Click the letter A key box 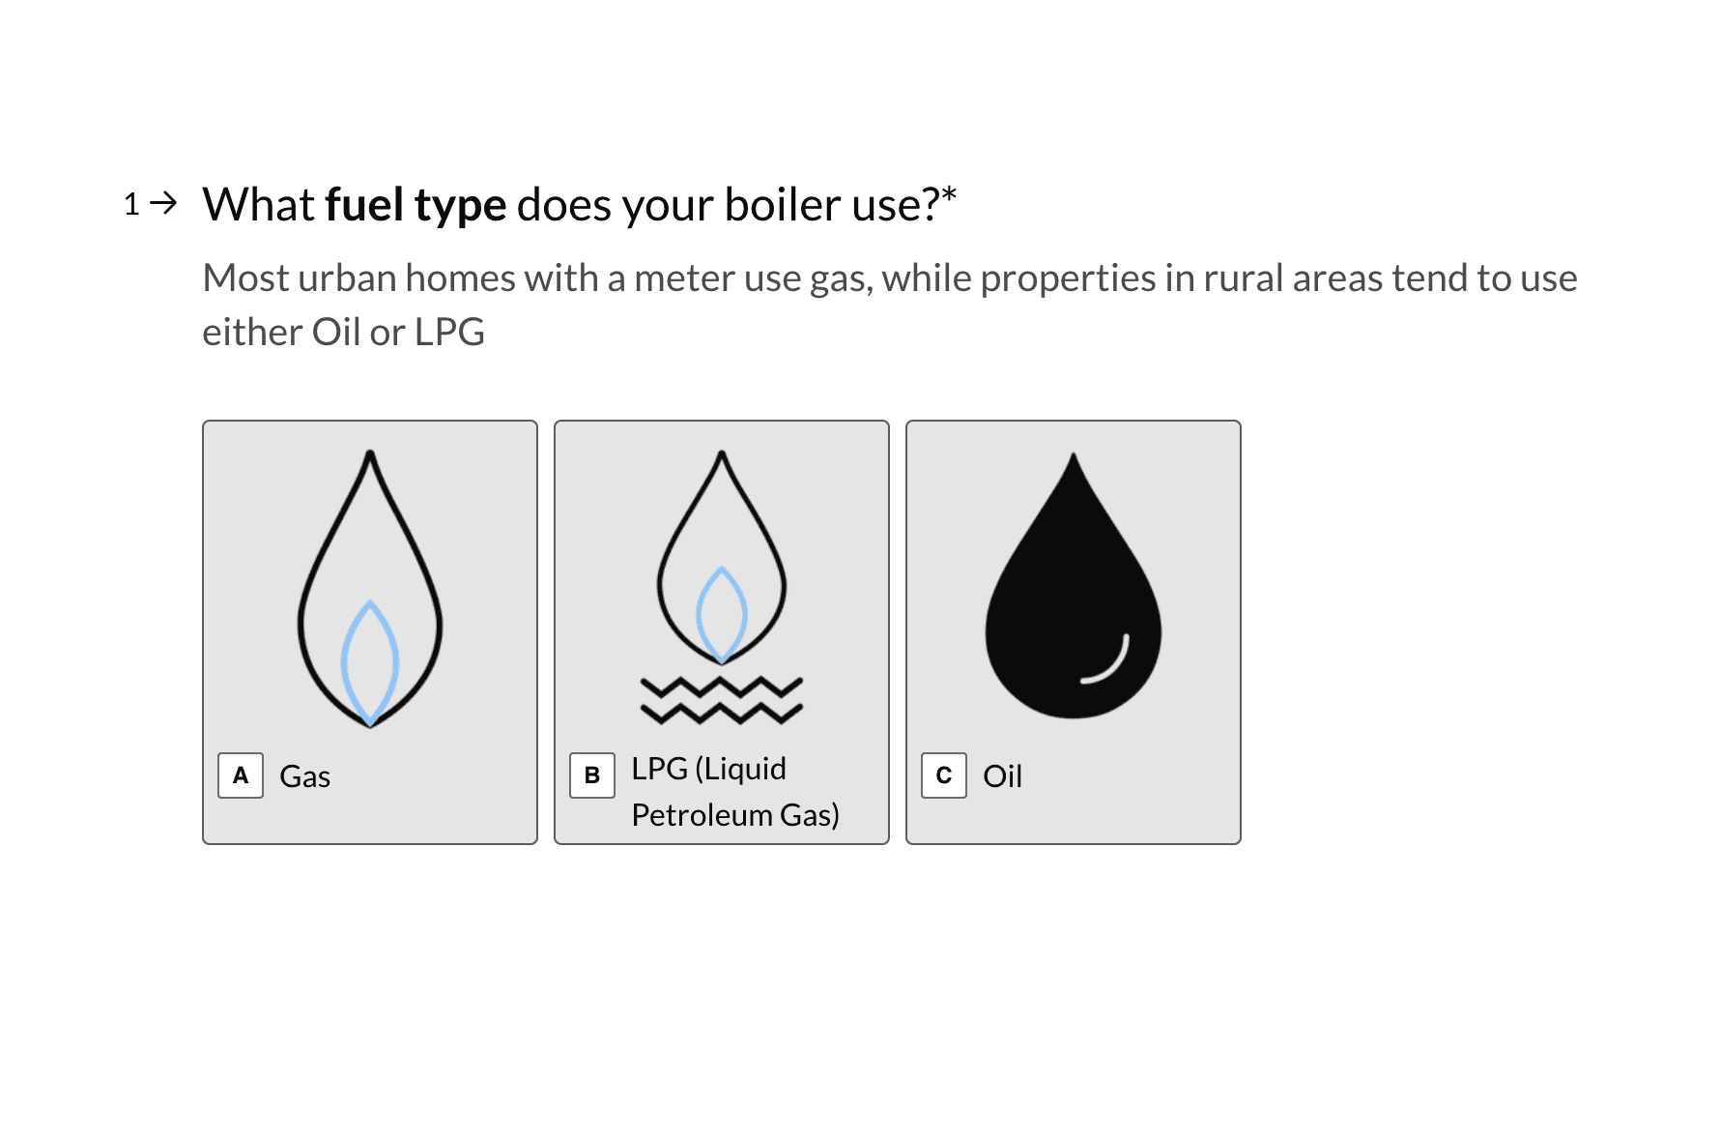tap(241, 775)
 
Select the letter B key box tap(592, 775)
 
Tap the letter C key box tap(944, 775)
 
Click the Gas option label tap(304, 776)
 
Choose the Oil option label tap(1002, 776)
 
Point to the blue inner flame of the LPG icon tap(722, 614)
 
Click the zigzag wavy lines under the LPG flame tap(722, 701)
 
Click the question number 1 tap(132, 205)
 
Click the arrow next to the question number tap(165, 203)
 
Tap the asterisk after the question tap(949, 194)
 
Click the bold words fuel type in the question tap(416, 205)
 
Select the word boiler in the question tap(783, 205)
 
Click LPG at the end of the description tap(449, 333)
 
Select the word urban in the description tap(347, 278)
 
